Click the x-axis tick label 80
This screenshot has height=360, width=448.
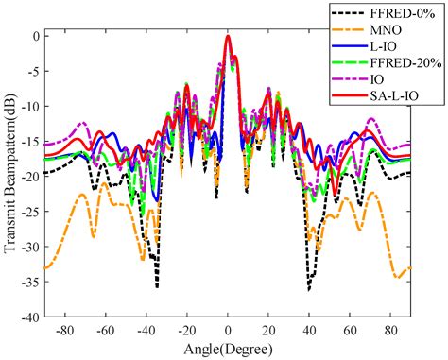pyautogui.click(x=389, y=331)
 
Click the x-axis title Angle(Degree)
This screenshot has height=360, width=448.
pyautogui.click(x=228, y=348)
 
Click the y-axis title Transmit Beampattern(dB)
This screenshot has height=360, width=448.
pyautogui.click(x=10, y=176)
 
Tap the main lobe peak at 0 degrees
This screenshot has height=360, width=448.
pyautogui.click(x=228, y=37)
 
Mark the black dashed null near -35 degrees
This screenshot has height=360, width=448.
pyautogui.click(x=157, y=285)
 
